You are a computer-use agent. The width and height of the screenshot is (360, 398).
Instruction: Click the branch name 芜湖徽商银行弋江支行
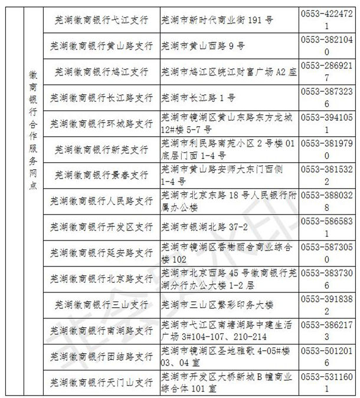coord(101,19)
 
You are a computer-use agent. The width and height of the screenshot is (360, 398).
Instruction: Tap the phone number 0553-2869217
coord(328,71)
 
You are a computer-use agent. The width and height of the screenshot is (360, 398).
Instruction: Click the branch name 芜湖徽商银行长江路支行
coord(101,97)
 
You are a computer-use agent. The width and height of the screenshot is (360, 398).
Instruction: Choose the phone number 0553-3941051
coord(328,123)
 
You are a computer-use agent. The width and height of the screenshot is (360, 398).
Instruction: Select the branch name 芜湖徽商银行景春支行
coord(101,175)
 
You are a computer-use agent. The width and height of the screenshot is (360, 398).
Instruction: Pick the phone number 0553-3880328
coord(328,201)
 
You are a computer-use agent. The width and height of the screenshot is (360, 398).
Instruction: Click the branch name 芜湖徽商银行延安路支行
coord(101,253)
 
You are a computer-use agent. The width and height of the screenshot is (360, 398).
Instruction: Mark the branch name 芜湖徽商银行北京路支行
coord(101,279)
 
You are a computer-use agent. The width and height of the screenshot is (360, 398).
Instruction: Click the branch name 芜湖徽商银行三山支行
coord(101,305)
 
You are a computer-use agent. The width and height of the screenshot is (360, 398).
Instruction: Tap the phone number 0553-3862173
coord(328,331)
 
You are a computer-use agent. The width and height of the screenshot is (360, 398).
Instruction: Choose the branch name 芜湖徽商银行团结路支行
coord(101,357)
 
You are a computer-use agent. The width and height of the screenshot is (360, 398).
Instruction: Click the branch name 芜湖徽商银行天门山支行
coord(101,382)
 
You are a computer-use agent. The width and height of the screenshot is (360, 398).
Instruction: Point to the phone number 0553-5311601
coord(328,382)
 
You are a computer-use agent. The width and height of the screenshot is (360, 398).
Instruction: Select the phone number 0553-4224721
coord(328,19)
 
